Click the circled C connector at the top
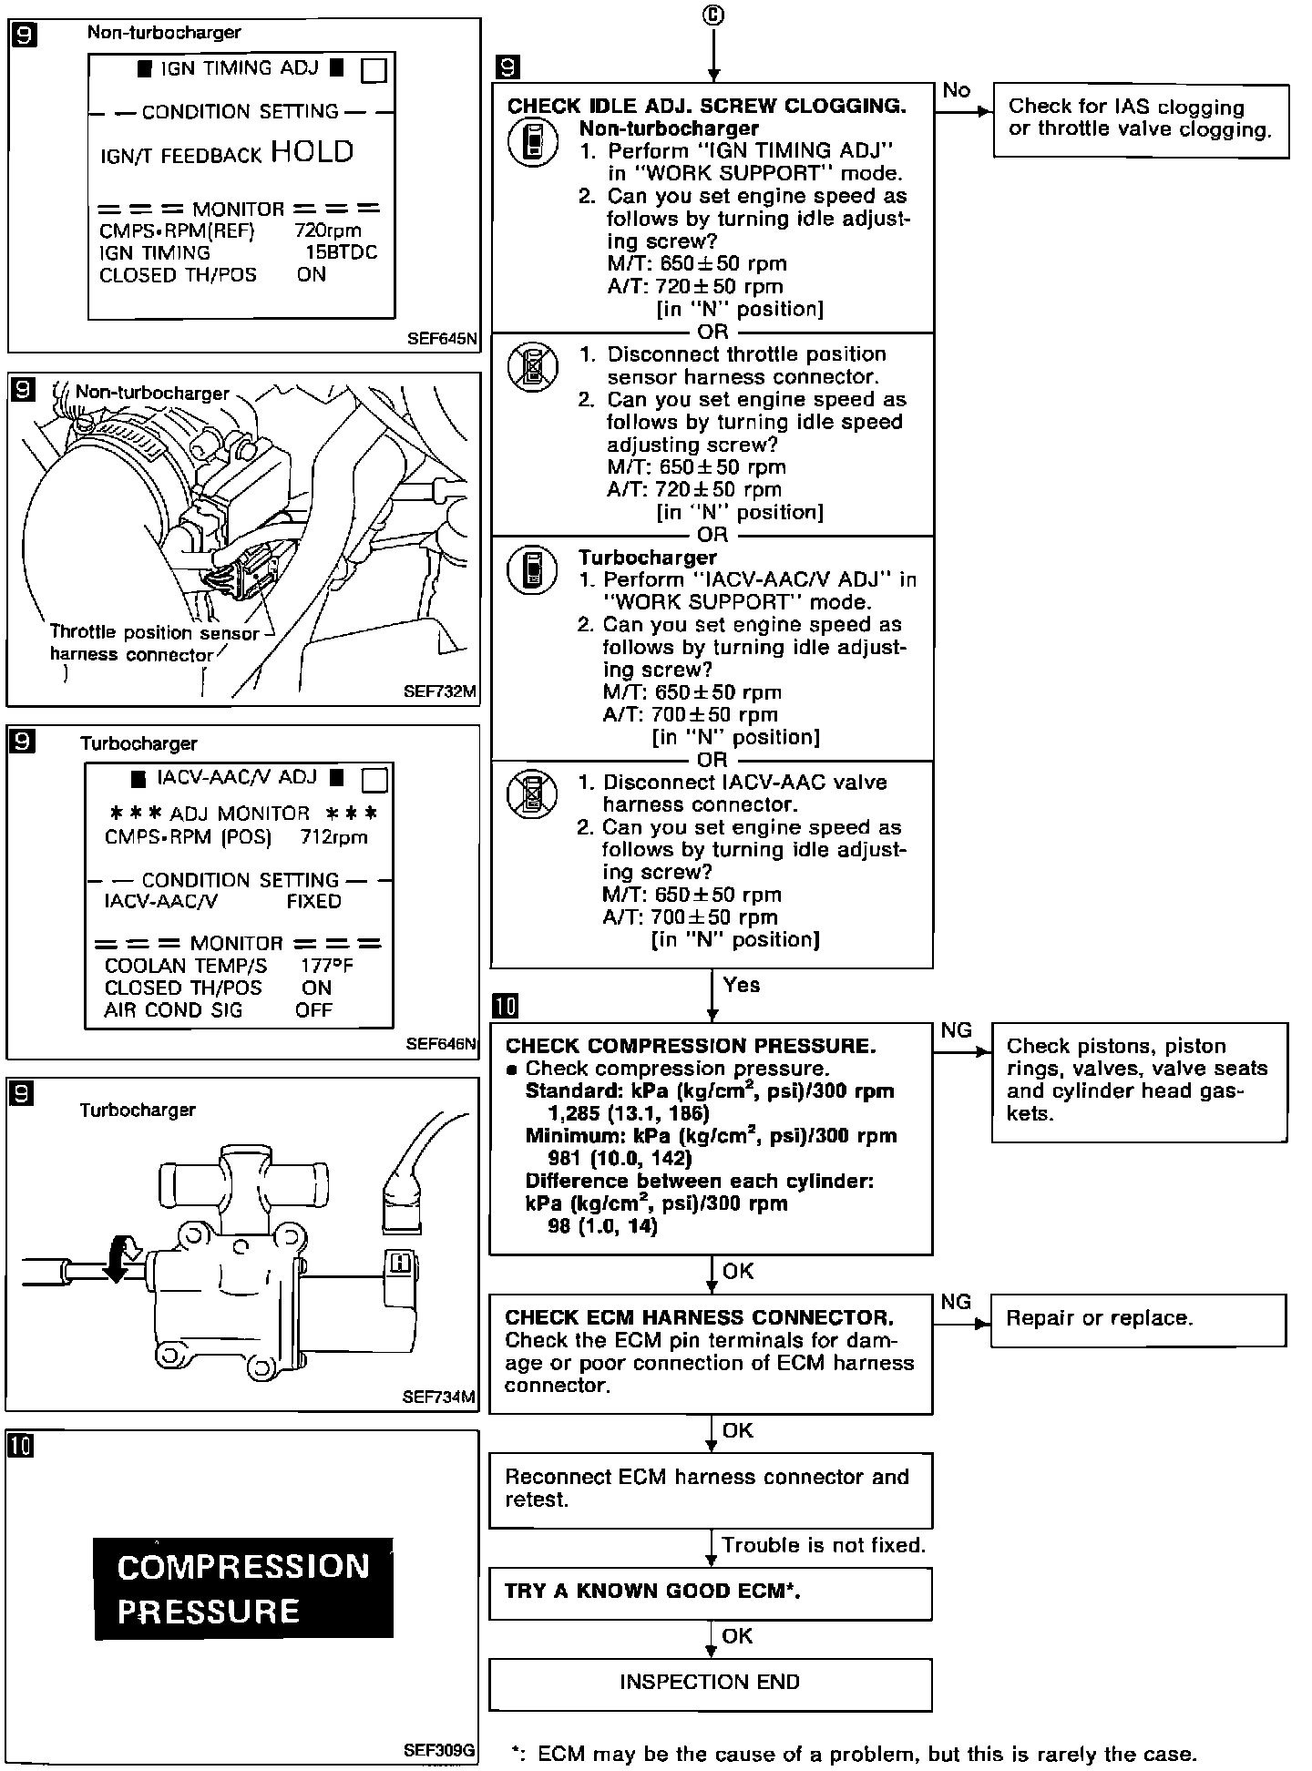(x=713, y=15)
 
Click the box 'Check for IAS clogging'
(x=1141, y=120)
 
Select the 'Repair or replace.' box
(x=1138, y=1319)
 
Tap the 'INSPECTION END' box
(x=710, y=1683)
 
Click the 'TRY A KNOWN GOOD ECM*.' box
(x=710, y=1592)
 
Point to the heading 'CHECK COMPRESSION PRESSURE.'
(x=691, y=1046)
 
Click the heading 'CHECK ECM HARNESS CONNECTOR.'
(x=699, y=1317)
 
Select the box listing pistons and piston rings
(x=1139, y=1080)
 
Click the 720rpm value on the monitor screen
(x=328, y=231)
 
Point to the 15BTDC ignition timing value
(x=341, y=253)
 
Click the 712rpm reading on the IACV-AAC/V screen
(x=333, y=837)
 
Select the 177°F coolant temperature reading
(x=326, y=967)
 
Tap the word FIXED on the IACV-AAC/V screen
(x=313, y=902)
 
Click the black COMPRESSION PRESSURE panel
(x=243, y=1589)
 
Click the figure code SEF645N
(x=442, y=340)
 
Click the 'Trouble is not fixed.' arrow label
(x=824, y=1545)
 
